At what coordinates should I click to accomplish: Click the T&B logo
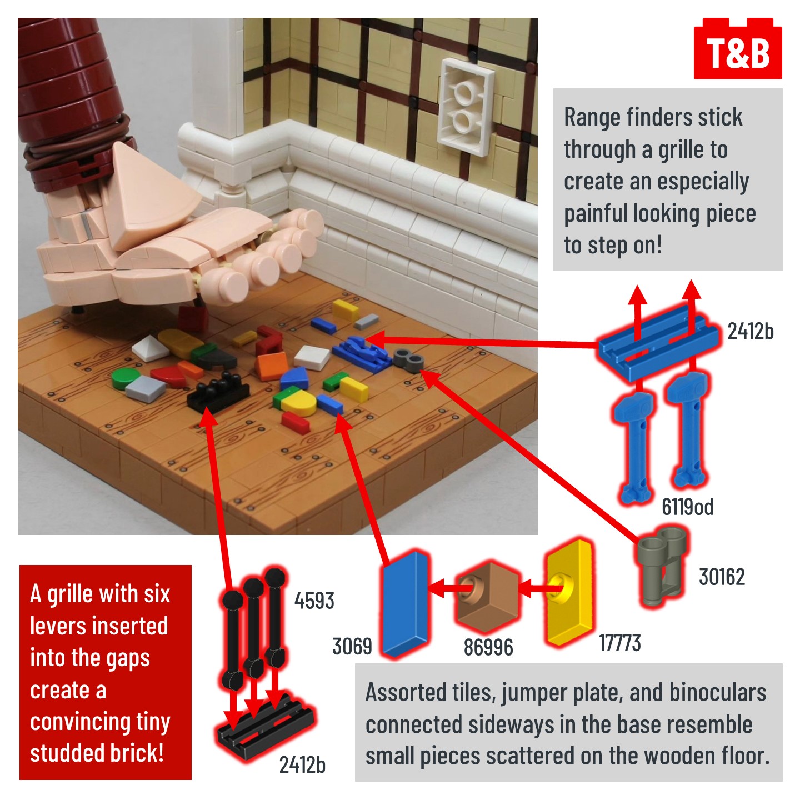738,48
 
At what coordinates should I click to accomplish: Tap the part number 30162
722,577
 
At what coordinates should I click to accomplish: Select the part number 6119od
687,507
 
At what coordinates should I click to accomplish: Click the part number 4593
314,601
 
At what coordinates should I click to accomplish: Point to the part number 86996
488,647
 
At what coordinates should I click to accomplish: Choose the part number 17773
620,643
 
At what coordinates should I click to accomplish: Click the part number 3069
352,647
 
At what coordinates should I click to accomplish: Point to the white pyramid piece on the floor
151,348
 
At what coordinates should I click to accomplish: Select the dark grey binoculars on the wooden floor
408,359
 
